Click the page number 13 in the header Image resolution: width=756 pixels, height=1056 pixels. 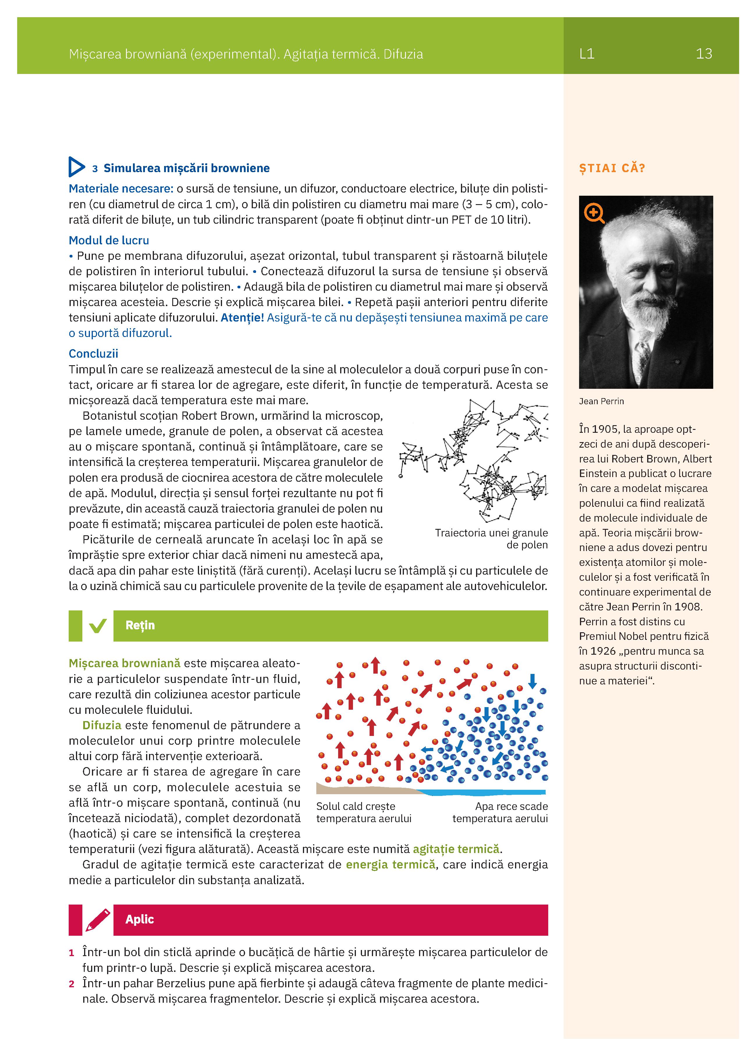(703, 54)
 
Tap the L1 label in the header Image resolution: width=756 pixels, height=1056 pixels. (587, 54)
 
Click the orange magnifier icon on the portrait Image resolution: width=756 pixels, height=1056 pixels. (594, 214)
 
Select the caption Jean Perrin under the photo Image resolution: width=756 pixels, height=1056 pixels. (601, 401)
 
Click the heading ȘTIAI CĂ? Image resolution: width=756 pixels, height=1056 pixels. (612, 168)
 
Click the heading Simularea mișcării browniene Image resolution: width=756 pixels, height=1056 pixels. (186, 168)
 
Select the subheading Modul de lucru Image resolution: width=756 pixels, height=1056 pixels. (109, 240)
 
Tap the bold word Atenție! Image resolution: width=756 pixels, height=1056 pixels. (242, 317)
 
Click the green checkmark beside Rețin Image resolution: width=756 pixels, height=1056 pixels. (98, 626)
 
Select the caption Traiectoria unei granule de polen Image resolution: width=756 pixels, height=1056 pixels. (491, 539)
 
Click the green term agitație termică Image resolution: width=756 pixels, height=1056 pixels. (456, 849)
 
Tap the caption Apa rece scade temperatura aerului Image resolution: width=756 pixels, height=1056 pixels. (500, 813)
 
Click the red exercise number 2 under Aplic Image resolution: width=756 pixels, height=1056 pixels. (72, 984)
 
